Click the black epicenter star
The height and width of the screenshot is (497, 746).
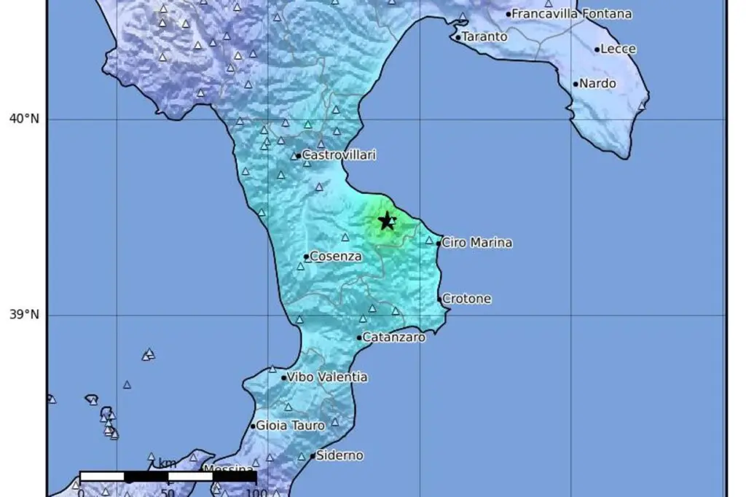click(387, 221)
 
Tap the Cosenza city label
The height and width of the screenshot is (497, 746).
click(336, 256)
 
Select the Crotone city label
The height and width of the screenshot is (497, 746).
click(467, 299)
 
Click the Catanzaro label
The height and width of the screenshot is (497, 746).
click(394, 337)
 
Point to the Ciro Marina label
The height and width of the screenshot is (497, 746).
click(477, 243)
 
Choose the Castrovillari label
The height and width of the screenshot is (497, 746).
click(339, 155)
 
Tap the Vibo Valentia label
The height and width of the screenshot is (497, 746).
click(328, 377)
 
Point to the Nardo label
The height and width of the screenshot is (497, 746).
click(598, 84)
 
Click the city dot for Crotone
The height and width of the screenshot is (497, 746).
click(440, 299)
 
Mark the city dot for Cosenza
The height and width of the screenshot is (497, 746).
click(306, 257)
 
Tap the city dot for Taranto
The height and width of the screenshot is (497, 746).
click(458, 37)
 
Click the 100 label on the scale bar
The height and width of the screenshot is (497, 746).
click(256, 493)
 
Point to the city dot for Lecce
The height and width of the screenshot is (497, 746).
click(597, 50)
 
